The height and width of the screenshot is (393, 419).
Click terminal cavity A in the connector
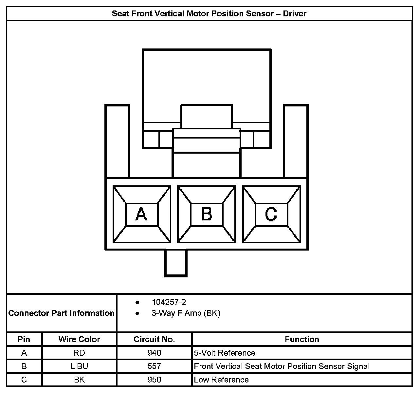(141, 215)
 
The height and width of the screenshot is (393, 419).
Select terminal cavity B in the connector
(207, 215)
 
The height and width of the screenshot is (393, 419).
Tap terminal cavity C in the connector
(271, 215)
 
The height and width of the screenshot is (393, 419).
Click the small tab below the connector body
(176, 263)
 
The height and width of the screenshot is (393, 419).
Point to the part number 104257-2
(169, 302)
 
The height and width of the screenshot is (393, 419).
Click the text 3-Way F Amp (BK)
(186, 313)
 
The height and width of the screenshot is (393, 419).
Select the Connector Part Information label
(62, 313)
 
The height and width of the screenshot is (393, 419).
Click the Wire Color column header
(79, 339)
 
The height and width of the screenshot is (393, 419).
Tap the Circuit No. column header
(154, 339)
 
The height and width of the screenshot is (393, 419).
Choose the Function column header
(302, 339)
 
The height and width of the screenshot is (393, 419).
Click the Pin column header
(24, 339)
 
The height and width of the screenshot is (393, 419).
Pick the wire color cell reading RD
(79, 353)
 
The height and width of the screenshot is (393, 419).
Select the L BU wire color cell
(79, 366)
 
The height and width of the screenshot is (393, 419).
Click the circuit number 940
(154, 353)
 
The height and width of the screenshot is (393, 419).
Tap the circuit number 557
(154, 366)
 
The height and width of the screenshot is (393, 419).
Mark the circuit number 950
(154, 380)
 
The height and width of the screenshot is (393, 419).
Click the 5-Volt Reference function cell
(225, 353)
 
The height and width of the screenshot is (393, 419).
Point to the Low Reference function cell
(221, 380)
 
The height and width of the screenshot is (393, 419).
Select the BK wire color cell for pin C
(79, 380)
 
